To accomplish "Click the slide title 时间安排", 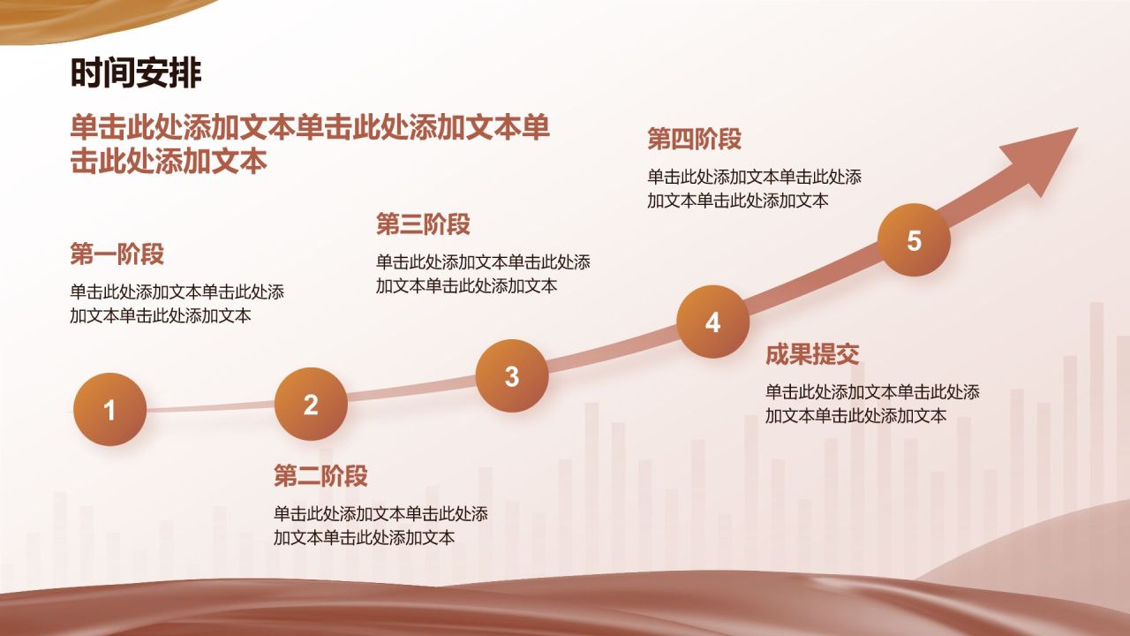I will tap(136, 74).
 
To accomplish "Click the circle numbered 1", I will tap(110, 410).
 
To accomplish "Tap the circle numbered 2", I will tap(311, 405).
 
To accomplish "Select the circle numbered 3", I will tap(512, 376).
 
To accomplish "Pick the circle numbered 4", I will tap(712, 322).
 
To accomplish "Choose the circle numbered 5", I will tap(914, 240).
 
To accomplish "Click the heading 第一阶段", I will tap(117, 254).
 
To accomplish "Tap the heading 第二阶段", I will tap(320, 476).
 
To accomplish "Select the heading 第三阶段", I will tap(423, 224).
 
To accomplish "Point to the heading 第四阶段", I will tap(694, 139).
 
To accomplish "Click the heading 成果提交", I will tap(812, 355).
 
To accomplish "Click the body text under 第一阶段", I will tap(177, 304).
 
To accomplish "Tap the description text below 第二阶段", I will tap(380, 526).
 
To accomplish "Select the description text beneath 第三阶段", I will tap(483, 274).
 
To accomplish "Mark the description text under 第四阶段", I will tap(754, 188).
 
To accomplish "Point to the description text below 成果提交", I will tap(872, 404).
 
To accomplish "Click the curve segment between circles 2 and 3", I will tap(411, 390).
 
